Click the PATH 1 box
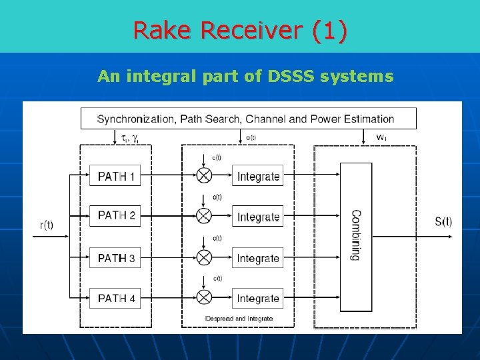click(115, 177)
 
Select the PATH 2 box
click(115, 216)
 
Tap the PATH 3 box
click(115, 257)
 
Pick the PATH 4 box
click(115, 298)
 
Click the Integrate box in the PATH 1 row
click(258, 177)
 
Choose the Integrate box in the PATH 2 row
click(258, 217)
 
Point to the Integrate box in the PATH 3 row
click(258, 258)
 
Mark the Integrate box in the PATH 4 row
click(258, 298)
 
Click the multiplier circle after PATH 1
click(204, 175)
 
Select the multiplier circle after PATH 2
click(204, 216)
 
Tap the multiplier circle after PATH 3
click(204, 257)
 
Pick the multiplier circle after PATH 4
click(204, 297)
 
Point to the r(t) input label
click(47, 225)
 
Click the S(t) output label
click(443, 221)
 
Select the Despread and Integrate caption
click(239, 319)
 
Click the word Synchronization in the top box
click(135, 119)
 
